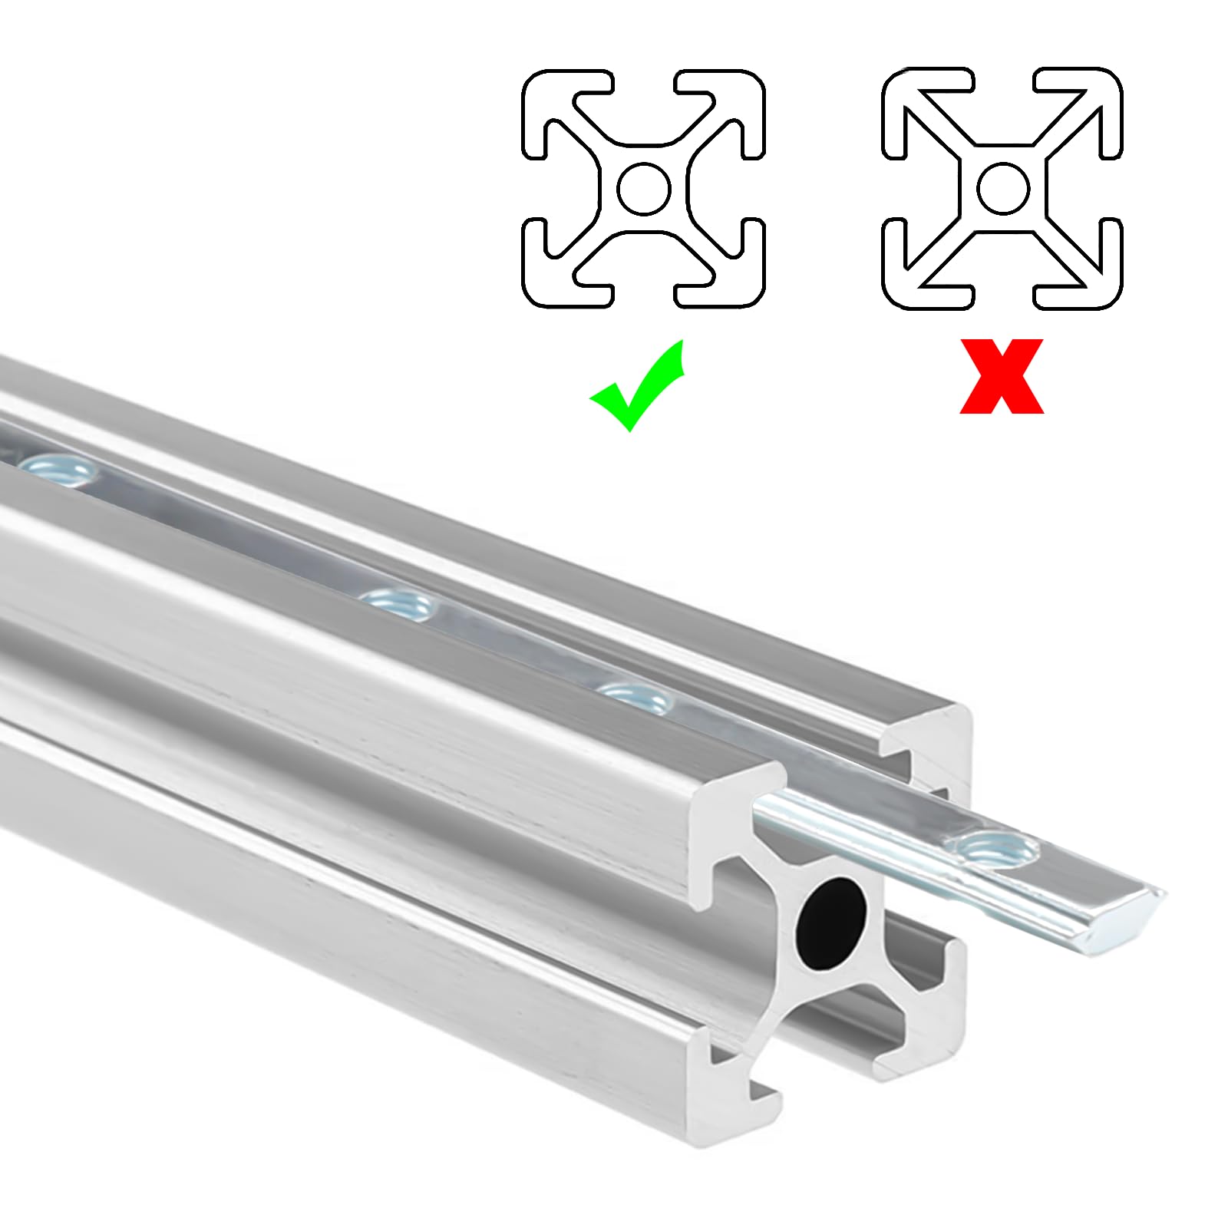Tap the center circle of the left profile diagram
coord(644,189)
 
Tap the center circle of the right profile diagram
coord(1002,189)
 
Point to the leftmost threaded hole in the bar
coord(58,467)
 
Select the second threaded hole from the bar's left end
coord(399,604)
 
